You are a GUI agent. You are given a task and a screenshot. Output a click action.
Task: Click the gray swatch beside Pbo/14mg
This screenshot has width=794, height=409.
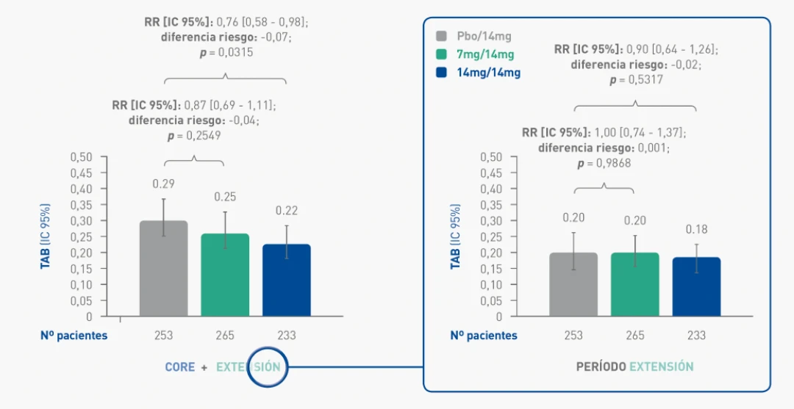tap(442, 36)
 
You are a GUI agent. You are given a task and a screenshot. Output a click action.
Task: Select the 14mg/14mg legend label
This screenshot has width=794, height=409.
tap(488, 73)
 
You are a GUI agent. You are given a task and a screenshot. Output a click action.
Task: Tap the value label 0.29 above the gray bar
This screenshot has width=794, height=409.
tap(163, 184)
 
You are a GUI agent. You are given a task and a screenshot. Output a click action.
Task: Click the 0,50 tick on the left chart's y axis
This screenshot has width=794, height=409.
tap(82, 157)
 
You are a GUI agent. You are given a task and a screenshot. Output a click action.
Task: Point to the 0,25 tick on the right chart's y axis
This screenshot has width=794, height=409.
tap(490, 236)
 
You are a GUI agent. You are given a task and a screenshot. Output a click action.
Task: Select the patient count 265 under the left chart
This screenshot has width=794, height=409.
tap(225, 336)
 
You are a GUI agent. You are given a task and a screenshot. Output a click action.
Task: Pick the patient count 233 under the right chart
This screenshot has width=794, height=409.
tap(696, 336)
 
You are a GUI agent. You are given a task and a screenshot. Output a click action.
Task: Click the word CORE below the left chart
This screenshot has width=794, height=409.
tap(180, 367)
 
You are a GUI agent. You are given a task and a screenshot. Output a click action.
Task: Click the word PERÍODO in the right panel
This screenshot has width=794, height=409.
tap(601, 366)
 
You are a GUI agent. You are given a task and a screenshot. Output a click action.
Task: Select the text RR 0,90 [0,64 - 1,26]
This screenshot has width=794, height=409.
tap(636, 49)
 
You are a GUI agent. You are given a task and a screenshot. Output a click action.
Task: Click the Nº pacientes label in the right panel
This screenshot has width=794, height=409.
tap(484, 336)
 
